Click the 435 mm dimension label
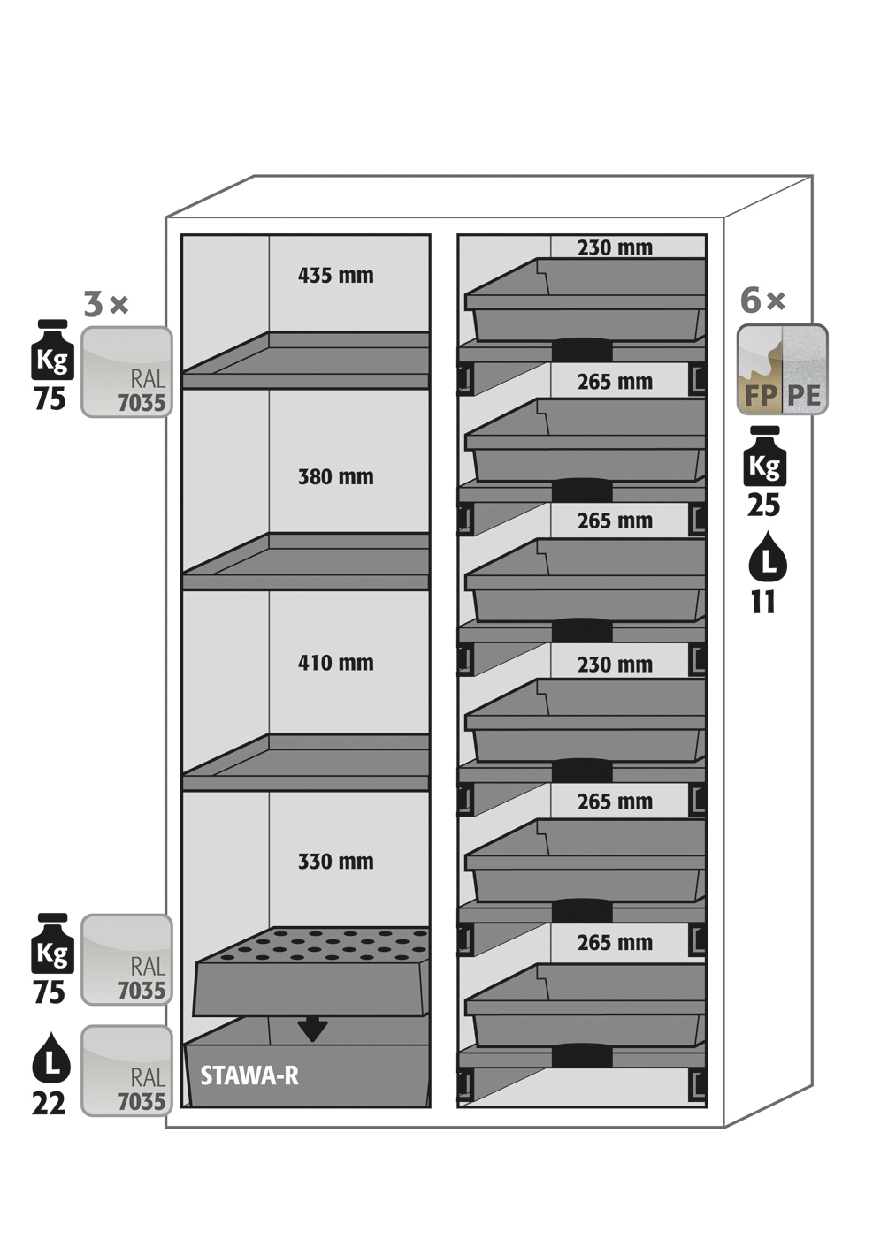(x=335, y=276)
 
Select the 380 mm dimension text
(x=335, y=477)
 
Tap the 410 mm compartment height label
(x=335, y=663)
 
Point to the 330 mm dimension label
(x=335, y=862)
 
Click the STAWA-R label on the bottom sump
(x=249, y=1075)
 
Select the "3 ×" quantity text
(x=106, y=304)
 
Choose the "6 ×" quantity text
(x=762, y=300)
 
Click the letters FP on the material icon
(x=760, y=395)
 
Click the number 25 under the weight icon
(x=763, y=505)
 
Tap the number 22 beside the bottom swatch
(x=49, y=1103)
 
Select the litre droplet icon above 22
(x=51, y=1058)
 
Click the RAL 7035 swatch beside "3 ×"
(x=126, y=372)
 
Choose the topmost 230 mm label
(x=615, y=248)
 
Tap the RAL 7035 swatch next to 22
(x=126, y=1071)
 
